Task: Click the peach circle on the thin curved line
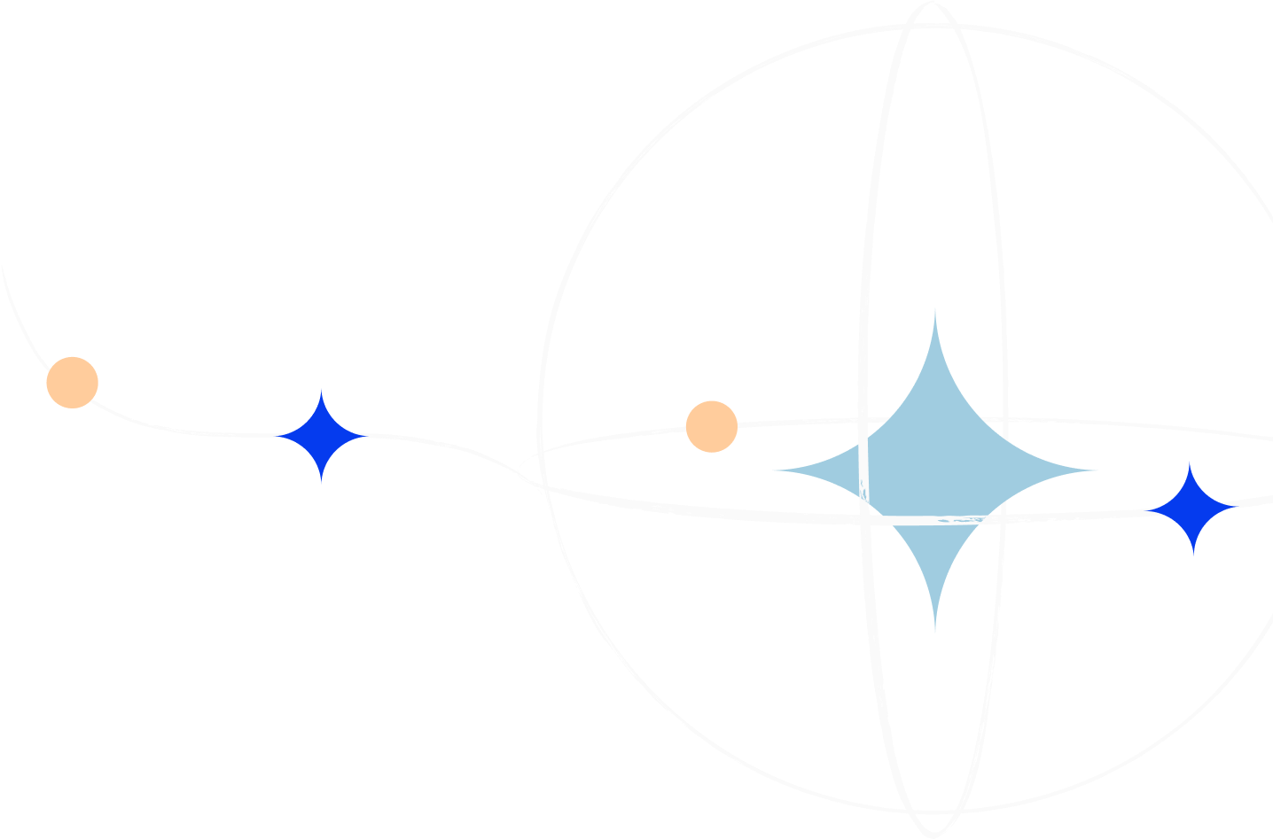[x=72, y=383]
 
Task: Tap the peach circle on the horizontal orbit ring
[x=711, y=426]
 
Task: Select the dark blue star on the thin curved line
[x=321, y=436]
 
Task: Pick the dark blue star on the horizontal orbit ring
[x=1193, y=508]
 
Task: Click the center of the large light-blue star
[x=935, y=470]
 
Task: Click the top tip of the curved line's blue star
[x=321, y=387]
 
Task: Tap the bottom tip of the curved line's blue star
[x=321, y=485]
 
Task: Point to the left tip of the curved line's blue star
[x=277, y=436]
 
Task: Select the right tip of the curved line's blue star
[x=363, y=436]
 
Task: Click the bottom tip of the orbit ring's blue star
[x=1193, y=555]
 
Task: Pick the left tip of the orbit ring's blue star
[x=1149, y=509]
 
